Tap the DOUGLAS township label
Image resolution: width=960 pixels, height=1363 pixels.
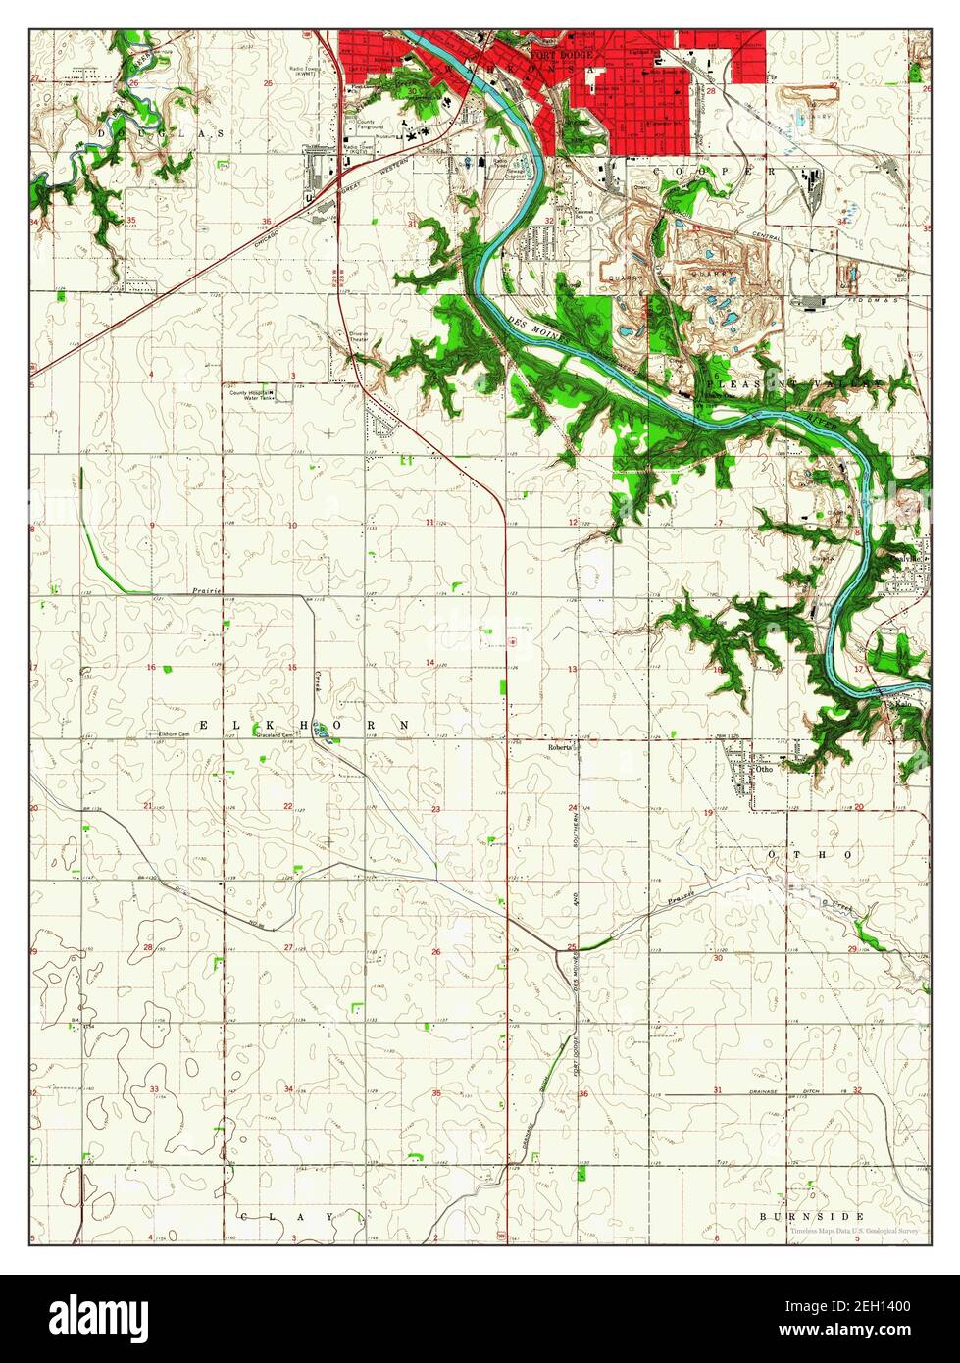161,131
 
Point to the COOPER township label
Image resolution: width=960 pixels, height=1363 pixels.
722,170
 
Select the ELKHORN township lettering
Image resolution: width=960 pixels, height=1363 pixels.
305,724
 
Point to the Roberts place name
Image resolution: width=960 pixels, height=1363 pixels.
559,746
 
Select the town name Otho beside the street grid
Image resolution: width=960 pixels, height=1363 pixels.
765,770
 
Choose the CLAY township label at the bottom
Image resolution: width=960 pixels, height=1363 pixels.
293,1216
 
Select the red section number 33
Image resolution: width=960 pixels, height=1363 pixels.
154,1089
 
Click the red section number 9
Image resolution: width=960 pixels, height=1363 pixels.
152,526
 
